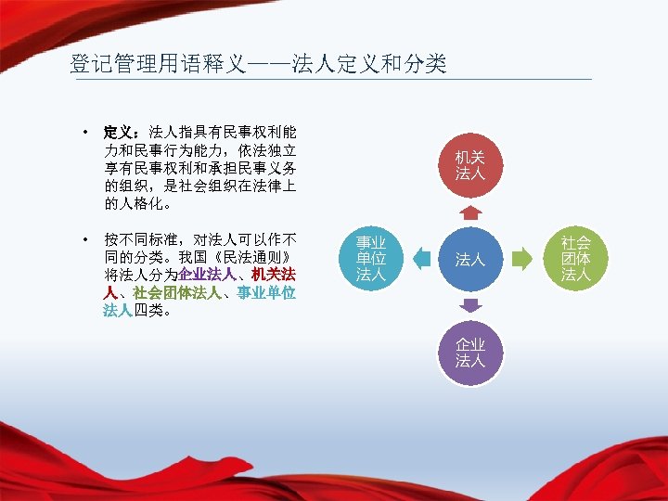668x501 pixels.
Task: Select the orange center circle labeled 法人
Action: click(470, 259)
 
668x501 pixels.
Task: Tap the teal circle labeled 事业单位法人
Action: click(371, 259)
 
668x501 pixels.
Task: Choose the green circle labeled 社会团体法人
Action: click(575, 259)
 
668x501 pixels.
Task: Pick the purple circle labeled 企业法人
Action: click(470, 353)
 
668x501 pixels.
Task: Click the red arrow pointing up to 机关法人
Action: click(470, 212)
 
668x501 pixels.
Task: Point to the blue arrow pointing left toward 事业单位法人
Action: click(422, 259)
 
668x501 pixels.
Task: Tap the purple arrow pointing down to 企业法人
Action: click(470, 305)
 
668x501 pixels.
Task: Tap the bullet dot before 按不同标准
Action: click(84, 239)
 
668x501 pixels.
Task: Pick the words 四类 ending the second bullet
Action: click(149, 310)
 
